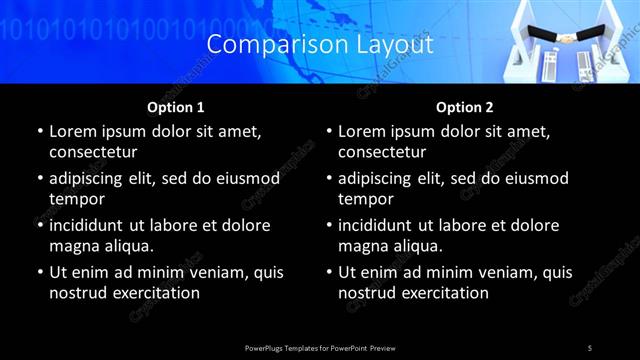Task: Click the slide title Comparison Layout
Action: [x=320, y=45]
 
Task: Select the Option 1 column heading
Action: [x=176, y=107]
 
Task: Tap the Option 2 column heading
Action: [x=465, y=107]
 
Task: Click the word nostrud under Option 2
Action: [x=367, y=293]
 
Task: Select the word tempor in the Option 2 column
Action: [x=366, y=199]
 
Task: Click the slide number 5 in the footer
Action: [x=590, y=347]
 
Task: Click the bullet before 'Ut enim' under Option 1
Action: [x=39, y=272]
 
